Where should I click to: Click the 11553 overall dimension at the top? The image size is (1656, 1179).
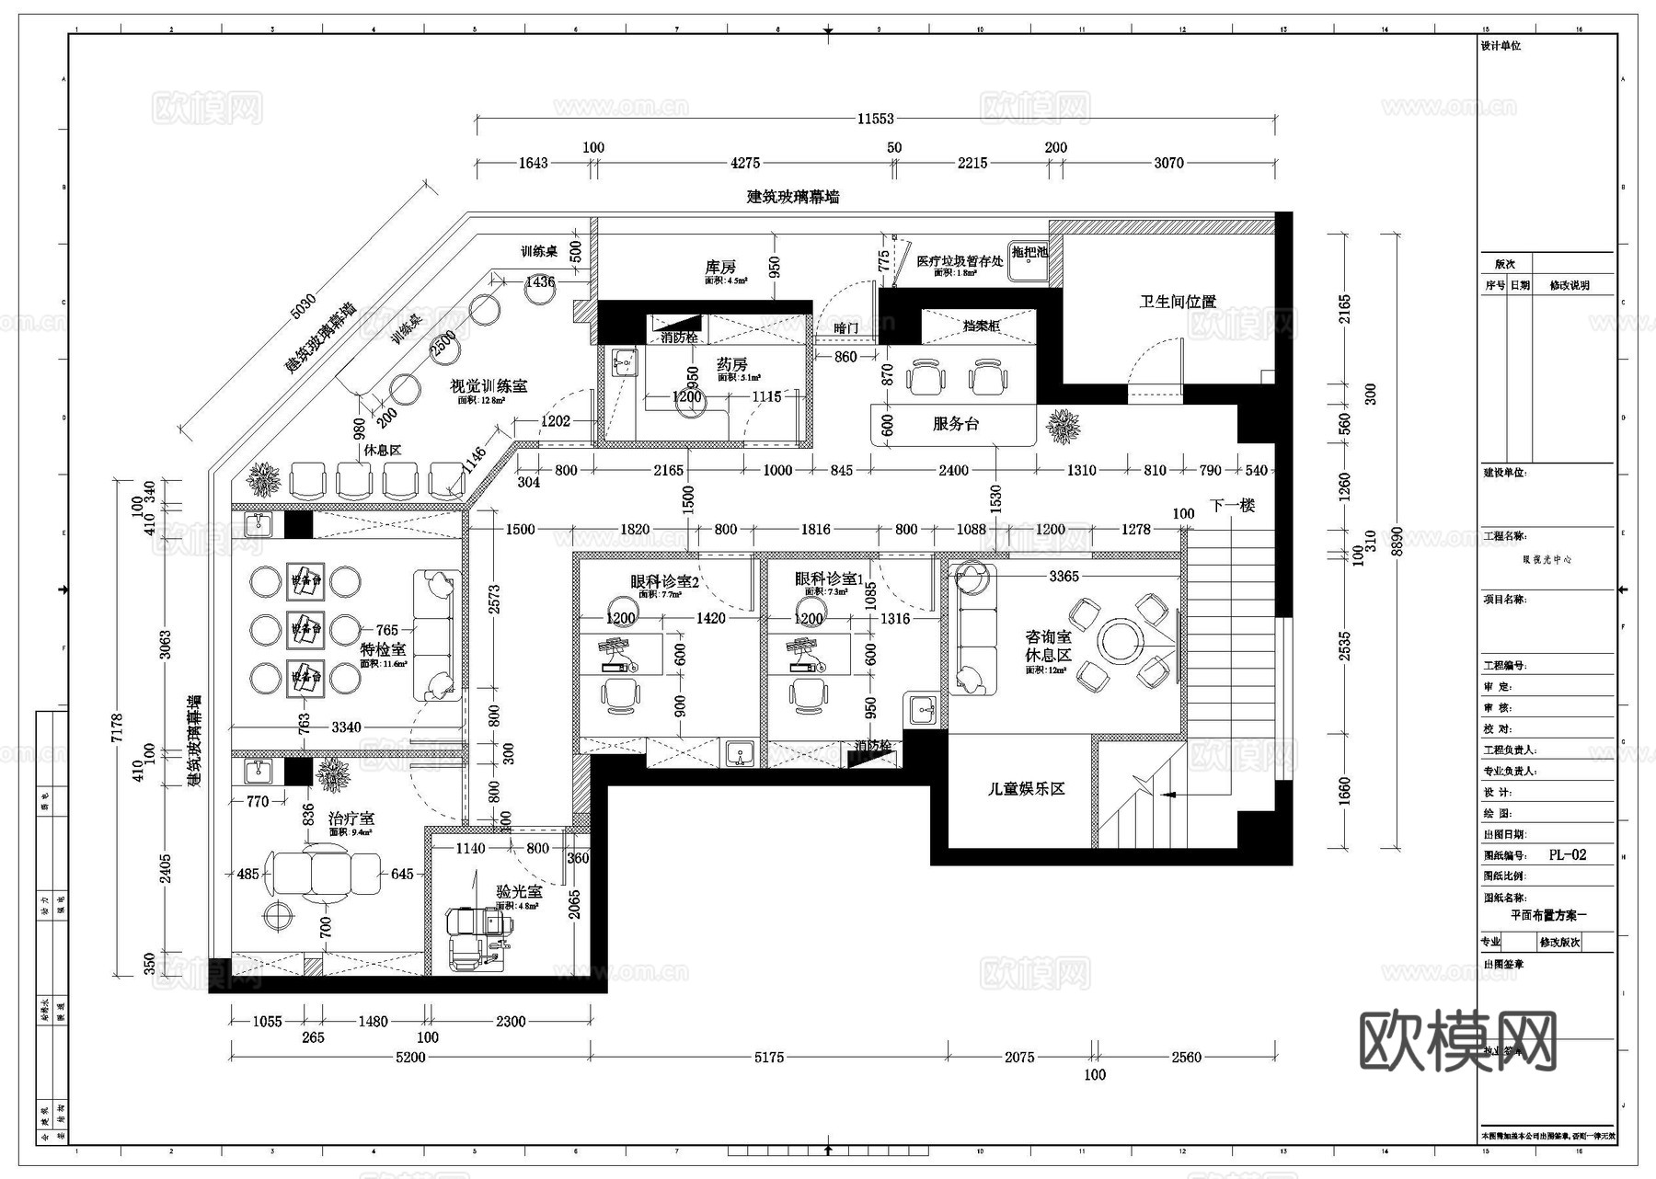coord(875,119)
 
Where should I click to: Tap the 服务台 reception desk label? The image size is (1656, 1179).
coord(955,424)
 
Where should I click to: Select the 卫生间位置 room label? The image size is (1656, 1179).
coord(1178,302)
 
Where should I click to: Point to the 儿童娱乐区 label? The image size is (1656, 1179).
coord(1026,789)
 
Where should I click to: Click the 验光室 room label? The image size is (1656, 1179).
coord(519,891)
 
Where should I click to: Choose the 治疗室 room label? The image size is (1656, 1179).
coord(351,818)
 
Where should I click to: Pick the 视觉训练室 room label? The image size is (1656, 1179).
coord(489,386)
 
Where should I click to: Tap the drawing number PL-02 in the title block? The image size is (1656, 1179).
coord(1567,855)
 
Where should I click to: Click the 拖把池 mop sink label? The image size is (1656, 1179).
coord(1029,251)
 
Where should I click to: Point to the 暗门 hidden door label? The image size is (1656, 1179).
coord(845,327)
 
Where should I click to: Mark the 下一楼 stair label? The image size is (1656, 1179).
coord(1232,506)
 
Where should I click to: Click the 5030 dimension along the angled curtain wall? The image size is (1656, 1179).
coord(303,306)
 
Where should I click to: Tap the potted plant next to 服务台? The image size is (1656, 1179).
coord(1064,427)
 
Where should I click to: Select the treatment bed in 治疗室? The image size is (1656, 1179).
coord(323,874)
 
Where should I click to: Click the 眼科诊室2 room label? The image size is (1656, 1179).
coord(664,581)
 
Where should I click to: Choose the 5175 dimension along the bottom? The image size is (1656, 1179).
coord(769,1058)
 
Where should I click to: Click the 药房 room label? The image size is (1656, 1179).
coord(732,364)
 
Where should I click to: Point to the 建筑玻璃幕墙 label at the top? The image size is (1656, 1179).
coord(792,197)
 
